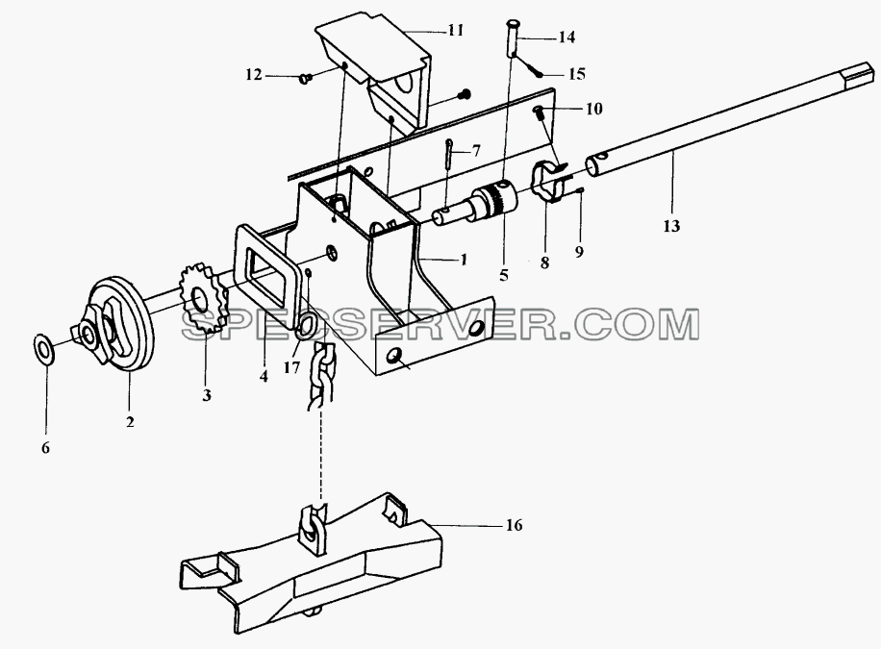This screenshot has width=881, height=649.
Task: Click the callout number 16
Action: click(515, 525)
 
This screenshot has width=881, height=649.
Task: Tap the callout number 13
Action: click(671, 227)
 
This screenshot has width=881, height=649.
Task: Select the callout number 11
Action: click(456, 30)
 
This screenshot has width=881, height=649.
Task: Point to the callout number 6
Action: click(45, 448)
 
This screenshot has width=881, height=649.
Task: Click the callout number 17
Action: click(292, 368)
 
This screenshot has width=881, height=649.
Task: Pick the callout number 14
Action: click(566, 37)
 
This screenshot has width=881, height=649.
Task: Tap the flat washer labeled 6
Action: click(43, 350)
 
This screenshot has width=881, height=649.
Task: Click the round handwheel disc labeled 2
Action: click(122, 325)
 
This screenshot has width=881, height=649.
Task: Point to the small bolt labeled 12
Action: click(306, 79)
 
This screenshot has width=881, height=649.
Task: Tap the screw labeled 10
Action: click(541, 112)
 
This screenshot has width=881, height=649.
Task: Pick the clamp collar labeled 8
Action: click(548, 182)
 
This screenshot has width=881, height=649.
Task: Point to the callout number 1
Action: click(463, 260)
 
